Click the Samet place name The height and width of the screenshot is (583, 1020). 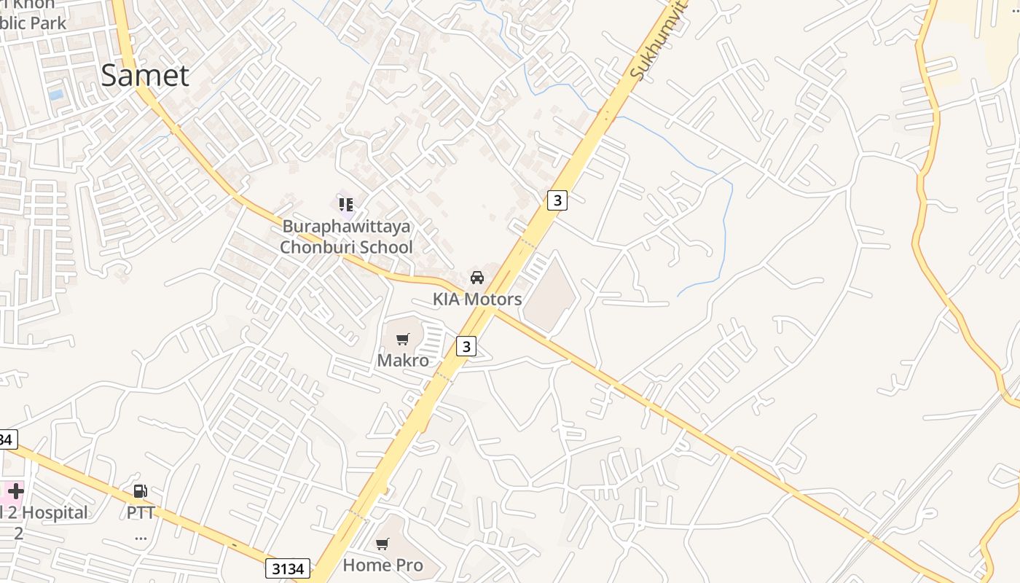145,76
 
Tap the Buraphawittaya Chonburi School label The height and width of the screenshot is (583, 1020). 347,237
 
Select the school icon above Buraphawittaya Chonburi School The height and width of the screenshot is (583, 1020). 346,204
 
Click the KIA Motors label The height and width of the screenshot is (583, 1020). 477,299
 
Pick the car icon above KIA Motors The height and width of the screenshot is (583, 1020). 477,278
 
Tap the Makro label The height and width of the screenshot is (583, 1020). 403,360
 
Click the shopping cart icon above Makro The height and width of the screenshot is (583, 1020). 402,339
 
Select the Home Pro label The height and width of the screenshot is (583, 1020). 382,565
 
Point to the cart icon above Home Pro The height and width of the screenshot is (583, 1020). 382,544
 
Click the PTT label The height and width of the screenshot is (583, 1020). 141,512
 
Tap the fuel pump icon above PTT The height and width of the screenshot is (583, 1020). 141,491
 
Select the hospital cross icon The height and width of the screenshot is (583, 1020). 15,490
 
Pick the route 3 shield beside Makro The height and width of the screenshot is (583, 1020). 466,346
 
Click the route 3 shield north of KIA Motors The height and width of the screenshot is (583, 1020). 557,200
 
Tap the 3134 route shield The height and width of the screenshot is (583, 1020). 287,568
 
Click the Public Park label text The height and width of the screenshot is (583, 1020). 33,23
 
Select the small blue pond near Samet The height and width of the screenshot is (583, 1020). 56,95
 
